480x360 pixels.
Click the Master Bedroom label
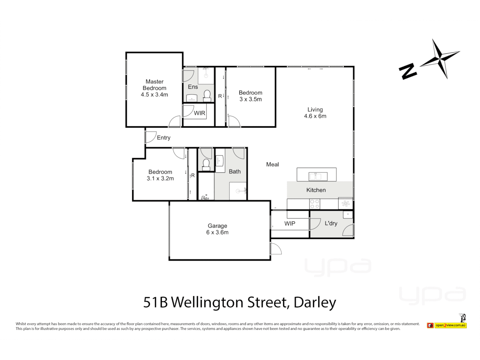154,85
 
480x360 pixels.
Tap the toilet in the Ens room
207,95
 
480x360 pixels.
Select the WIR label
199,113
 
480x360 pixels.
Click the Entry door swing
151,137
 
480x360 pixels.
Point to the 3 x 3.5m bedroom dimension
250,99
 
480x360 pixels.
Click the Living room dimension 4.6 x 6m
315,116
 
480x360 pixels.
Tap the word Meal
272,164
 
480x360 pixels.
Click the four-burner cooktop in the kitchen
315,204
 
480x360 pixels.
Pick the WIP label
290,224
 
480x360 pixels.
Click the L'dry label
331,223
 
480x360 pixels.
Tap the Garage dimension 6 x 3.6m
217,232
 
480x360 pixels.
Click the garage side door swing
275,248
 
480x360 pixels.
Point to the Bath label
235,172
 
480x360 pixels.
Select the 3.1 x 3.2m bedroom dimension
160,179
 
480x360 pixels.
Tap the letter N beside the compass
408,71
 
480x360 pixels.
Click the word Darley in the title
315,303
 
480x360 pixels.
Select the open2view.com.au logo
450,325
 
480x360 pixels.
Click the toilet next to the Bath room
206,164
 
